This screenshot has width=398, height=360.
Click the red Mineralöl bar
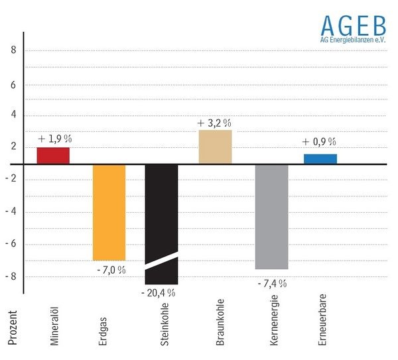coord(53,155)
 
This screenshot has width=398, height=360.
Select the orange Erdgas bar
coord(109,211)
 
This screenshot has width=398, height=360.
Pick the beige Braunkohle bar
coord(216,147)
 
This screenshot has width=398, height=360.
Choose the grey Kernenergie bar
coord(272,215)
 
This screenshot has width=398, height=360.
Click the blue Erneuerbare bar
coord(320,158)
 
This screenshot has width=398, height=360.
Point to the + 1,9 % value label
coord(54,139)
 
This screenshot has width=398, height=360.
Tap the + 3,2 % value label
coord(214,123)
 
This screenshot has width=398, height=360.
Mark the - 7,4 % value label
coord(271,283)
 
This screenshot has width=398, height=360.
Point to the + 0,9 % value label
coord(319,142)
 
